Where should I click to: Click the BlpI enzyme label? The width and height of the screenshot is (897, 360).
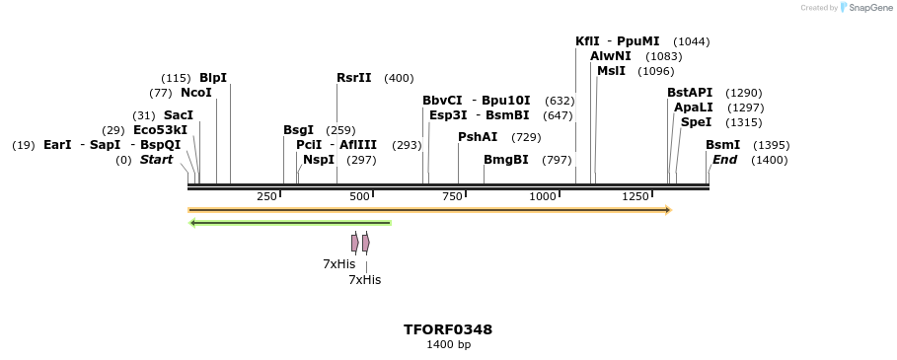click(212, 78)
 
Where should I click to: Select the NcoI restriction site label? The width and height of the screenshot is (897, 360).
click(195, 93)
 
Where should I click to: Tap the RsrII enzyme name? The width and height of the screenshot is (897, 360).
click(353, 78)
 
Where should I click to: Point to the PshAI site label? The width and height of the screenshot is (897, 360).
click(478, 137)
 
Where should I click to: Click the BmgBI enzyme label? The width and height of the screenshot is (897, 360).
click(505, 160)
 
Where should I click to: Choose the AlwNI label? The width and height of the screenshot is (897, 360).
click(610, 56)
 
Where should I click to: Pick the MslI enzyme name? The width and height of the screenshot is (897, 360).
click(611, 71)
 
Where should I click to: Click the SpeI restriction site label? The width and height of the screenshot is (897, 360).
click(695, 122)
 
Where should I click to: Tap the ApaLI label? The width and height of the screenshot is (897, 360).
click(693, 108)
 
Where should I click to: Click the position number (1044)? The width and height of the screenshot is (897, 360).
click(691, 41)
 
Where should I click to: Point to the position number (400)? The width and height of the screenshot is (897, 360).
click(399, 78)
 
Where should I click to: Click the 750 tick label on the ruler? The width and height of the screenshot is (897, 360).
click(453, 197)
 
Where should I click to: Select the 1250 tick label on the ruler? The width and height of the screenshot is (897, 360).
click(635, 197)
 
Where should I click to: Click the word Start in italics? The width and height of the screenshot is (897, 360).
click(156, 160)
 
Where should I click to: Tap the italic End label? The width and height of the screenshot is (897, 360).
click(724, 160)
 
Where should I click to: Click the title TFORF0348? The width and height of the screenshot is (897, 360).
click(448, 329)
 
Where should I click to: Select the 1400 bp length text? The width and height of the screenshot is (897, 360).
click(448, 345)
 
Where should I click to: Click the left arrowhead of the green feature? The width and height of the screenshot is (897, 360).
click(193, 223)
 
